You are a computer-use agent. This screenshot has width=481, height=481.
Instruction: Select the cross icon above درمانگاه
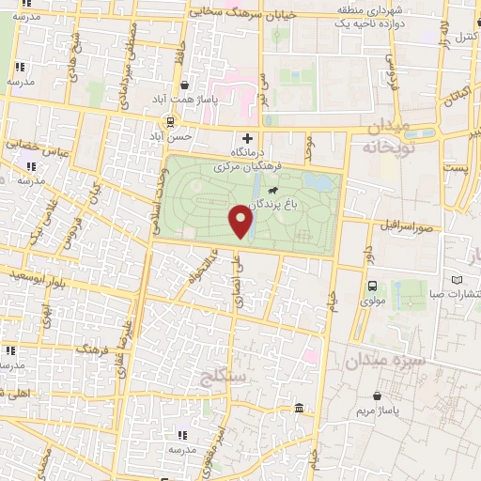click(x=248, y=138)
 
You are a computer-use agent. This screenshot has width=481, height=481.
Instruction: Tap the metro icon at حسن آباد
click(x=170, y=120)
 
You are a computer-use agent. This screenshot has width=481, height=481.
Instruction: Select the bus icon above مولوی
click(x=373, y=286)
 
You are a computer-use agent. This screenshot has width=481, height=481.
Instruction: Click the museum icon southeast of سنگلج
click(x=299, y=408)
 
